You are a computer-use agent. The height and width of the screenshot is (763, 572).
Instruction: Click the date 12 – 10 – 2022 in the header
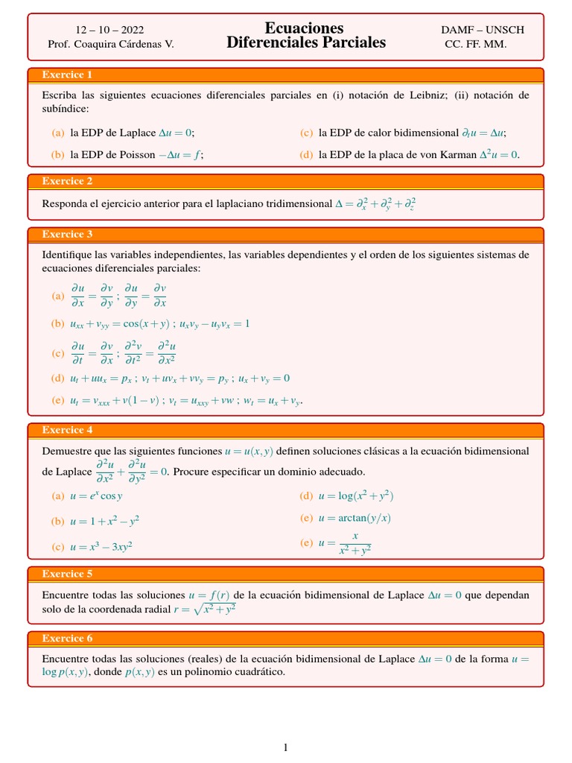(x=109, y=30)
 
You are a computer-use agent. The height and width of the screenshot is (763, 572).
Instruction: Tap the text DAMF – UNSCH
(x=482, y=30)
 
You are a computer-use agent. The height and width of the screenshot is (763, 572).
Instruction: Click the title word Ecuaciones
(x=304, y=28)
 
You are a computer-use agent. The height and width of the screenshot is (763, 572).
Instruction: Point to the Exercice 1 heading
(x=67, y=75)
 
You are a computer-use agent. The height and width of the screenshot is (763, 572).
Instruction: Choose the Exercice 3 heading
(x=67, y=234)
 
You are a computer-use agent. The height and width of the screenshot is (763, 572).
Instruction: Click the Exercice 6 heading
(x=67, y=639)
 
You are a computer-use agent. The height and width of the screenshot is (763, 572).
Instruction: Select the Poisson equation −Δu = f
(x=180, y=155)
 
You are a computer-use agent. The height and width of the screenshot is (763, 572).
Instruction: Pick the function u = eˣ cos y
(x=96, y=496)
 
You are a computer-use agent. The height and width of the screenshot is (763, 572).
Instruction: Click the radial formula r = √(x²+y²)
(x=204, y=609)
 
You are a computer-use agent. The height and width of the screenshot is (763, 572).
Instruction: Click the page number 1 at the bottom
(x=285, y=748)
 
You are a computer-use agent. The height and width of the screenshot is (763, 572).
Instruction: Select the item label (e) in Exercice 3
(x=57, y=401)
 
